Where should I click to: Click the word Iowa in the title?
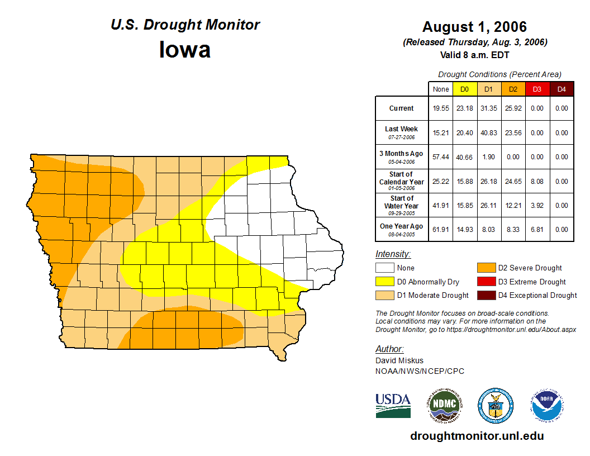185,50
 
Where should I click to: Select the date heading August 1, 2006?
474,27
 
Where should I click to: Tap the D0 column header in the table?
464,89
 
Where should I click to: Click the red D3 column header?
537,89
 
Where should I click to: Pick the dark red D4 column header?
562,89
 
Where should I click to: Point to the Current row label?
402,108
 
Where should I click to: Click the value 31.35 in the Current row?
489,108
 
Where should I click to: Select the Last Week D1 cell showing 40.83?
489,133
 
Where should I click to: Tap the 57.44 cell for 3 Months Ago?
441,158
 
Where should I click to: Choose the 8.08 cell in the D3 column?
537,182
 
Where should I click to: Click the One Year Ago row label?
402,226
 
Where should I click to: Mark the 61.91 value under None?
441,229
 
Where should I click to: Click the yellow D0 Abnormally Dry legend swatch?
385,282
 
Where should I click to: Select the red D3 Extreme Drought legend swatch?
486,282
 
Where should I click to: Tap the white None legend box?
385,268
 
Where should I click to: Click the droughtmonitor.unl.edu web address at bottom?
477,436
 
